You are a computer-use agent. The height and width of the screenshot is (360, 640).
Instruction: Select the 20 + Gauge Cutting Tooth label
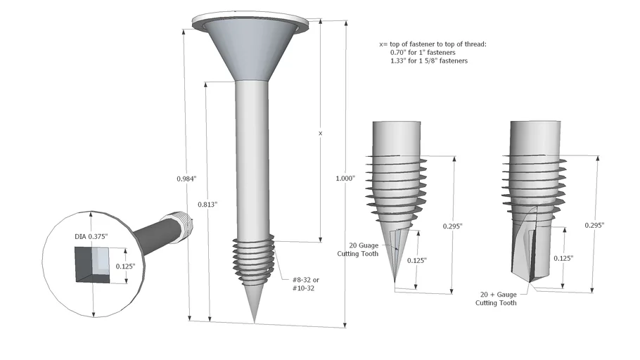click(497, 299)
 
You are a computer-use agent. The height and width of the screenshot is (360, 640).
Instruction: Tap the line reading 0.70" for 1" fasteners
click(423, 53)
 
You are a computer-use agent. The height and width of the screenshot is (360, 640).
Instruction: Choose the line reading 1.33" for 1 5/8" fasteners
click(429, 61)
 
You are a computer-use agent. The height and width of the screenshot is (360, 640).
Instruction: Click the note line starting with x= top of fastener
click(432, 44)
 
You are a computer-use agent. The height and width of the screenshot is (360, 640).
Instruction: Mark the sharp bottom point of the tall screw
click(254, 321)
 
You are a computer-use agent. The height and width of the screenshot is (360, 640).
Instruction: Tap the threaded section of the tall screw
click(254, 259)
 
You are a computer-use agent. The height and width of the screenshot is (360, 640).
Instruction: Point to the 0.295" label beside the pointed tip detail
click(453, 226)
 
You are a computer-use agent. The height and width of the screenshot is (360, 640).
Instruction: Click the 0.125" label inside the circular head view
click(127, 266)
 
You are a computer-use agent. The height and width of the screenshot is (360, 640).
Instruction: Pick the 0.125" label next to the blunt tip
click(563, 259)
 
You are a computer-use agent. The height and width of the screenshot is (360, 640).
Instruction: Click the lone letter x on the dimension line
click(320, 132)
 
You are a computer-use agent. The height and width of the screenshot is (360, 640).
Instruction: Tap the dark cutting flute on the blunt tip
click(533, 250)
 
